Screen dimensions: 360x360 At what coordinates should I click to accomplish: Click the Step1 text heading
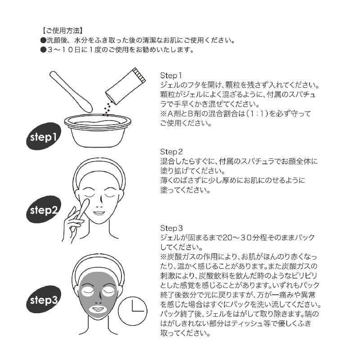(171, 75)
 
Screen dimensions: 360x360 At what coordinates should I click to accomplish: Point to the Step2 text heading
(171, 152)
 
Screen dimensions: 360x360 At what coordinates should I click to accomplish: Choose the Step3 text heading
(171, 228)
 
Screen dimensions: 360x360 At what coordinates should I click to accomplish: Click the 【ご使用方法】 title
(61, 31)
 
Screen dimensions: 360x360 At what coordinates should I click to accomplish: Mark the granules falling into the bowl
(107, 108)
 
